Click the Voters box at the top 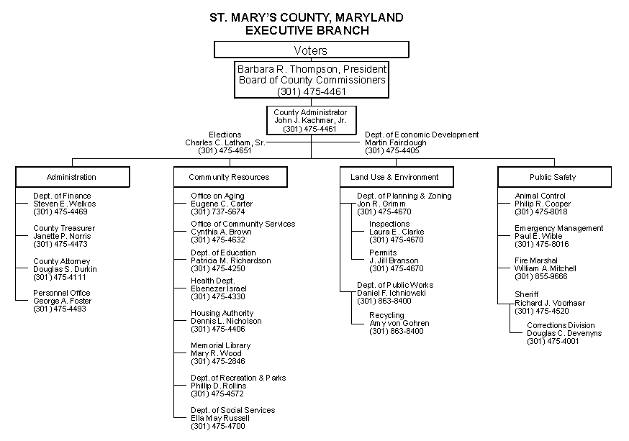pyautogui.click(x=312, y=50)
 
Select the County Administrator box pyautogui.click(x=312, y=120)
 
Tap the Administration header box pyautogui.click(x=73, y=177)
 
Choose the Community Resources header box pyautogui.click(x=230, y=177)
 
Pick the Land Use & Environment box pyautogui.click(x=397, y=177)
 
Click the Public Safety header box pyautogui.click(x=554, y=177)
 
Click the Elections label pyautogui.click(x=225, y=135)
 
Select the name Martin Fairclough pyautogui.click(x=396, y=142)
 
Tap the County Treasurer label pyautogui.click(x=64, y=228)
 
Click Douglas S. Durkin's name pyautogui.click(x=65, y=269)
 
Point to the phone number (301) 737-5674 pyautogui.click(x=218, y=212)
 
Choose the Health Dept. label pyautogui.click(x=213, y=281)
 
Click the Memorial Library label pyautogui.click(x=221, y=345)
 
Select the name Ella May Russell pyautogui.click(x=220, y=418)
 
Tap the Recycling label pyautogui.click(x=386, y=315)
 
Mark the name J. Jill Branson pyautogui.click(x=394, y=260)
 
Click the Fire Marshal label pyautogui.click(x=536, y=260)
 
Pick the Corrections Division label pyautogui.click(x=561, y=325)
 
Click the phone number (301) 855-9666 pyautogui.click(x=541, y=277)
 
